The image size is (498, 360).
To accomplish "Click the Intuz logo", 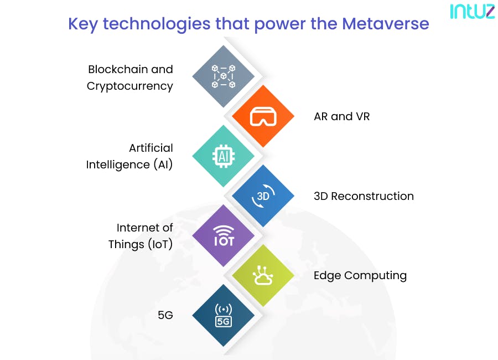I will tap(472, 12).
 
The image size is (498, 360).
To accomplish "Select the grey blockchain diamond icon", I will tap(224, 76).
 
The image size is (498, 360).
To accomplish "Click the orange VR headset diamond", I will tap(262, 116).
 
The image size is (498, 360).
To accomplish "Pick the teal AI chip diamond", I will tap(224, 156).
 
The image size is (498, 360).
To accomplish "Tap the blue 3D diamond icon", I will tap(263, 196).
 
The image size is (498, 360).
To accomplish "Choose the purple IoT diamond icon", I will tap(224, 236).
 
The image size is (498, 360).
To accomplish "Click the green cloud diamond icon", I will tap(262, 276).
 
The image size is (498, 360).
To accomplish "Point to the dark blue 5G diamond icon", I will tap(224, 316).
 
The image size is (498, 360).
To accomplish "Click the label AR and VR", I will tap(341, 117).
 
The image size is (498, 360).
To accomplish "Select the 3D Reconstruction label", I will tap(364, 196).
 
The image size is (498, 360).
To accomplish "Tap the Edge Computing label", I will tap(360, 276).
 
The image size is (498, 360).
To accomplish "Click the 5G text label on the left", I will tap(165, 316).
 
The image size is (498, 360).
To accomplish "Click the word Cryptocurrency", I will tap(129, 86).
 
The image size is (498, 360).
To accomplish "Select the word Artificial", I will tap(151, 148).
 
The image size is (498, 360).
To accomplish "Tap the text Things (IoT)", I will tap(141, 244).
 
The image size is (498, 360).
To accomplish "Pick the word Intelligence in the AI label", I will tap(118, 165).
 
